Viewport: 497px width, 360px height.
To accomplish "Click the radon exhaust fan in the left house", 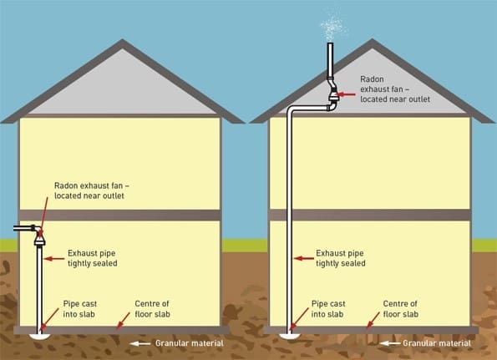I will pos(39,238).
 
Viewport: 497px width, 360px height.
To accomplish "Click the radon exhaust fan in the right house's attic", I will pos(332,99).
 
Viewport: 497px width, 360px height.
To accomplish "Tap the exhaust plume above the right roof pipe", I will pos(332,25).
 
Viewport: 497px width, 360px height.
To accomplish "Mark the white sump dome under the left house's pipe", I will pos(38,335).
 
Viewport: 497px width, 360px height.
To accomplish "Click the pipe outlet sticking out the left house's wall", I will pos(21,226).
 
